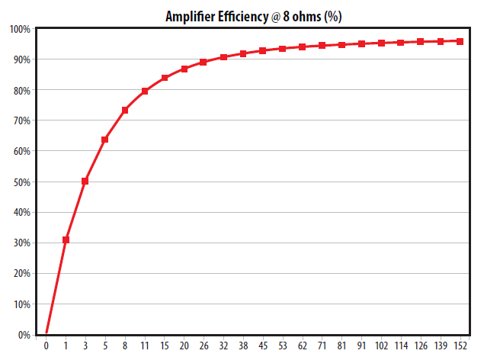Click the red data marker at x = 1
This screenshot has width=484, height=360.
pyautogui.click(x=66, y=239)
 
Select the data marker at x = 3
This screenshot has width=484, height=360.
pyautogui.click(x=85, y=182)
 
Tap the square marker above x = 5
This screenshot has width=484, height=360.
pyautogui.click(x=104, y=140)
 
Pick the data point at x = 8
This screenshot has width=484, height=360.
pyautogui.click(x=124, y=111)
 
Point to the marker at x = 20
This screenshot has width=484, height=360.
pyautogui.click(x=184, y=69)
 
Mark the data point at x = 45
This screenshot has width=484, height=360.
pyautogui.click(x=263, y=51)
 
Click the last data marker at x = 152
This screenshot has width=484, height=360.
pyautogui.click(x=460, y=41)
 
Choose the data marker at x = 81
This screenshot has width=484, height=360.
pyautogui.click(x=342, y=45)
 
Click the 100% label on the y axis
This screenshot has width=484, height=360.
pyautogui.click(x=20, y=29)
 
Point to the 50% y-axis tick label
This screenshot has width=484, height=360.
pyautogui.click(x=21, y=182)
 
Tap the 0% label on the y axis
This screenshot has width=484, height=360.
pyautogui.click(x=24, y=335)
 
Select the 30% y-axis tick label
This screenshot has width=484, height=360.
pyautogui.click(x=21, y=243)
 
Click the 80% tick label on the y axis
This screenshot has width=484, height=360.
pyautogui.click(x=21, y=90)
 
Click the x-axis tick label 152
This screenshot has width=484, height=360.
pyautogui.click(x=460, y=348)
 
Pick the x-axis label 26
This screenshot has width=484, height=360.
pyautogui.click(x=204, y=348)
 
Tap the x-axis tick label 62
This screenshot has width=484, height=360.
pyautogui.click(x=303, y=348)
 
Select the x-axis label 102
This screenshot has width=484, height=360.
pyautogui.click(x=381, y=348)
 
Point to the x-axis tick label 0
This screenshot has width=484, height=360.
pyautogui.click(x=46, y=348)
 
